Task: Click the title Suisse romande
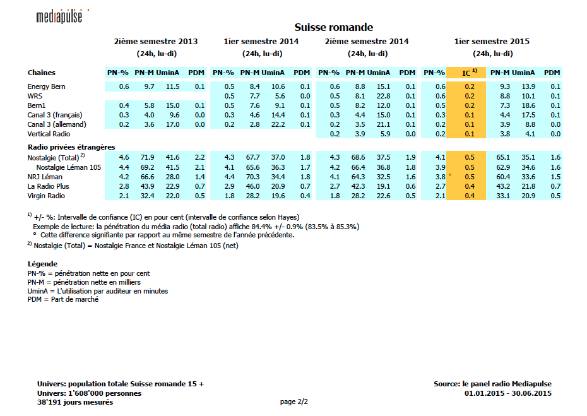333,28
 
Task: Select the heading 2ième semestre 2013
155,42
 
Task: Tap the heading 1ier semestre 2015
492,42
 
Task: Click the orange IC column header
465,73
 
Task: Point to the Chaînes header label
40,73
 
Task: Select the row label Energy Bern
47,86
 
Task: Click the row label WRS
35,96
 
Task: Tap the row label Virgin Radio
46,196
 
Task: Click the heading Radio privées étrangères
71,146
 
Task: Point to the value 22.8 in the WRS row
383,96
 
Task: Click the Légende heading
43,264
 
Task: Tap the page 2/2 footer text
293,401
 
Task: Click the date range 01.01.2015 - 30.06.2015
507,393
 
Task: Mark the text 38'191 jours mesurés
75,402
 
